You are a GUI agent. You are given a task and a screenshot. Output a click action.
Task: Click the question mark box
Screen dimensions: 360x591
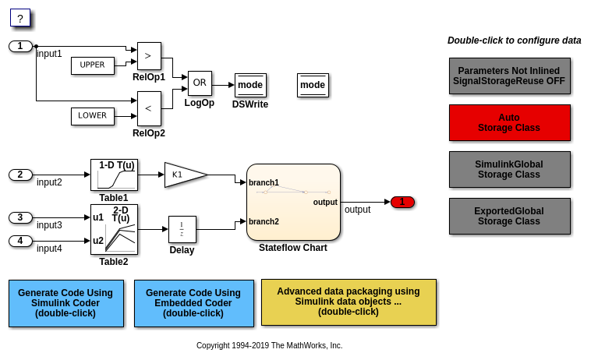point(20,18)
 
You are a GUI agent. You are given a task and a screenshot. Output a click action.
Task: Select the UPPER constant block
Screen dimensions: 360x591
point(92,65)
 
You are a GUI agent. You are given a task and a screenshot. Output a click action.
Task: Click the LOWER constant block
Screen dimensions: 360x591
point(92,116)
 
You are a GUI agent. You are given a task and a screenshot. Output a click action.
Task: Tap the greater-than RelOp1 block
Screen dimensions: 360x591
point(149,57)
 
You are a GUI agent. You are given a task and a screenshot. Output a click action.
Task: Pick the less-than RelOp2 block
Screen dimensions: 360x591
point(149,108)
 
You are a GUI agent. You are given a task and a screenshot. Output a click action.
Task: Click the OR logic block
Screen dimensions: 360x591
point(200,83)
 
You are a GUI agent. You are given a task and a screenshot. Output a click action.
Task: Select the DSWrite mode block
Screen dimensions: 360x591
point(250,85)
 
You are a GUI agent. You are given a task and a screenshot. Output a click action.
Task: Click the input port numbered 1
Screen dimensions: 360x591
point(20,46)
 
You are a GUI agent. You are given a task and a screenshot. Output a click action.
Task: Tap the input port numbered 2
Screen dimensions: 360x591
point(20,175)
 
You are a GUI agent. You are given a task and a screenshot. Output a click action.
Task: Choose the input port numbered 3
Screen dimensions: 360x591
point(20,217)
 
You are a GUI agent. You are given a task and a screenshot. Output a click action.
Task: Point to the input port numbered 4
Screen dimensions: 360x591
point(20,241)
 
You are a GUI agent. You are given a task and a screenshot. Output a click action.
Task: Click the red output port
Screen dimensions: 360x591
point(402,202)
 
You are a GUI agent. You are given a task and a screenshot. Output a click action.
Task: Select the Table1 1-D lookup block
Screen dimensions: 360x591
point(114,175)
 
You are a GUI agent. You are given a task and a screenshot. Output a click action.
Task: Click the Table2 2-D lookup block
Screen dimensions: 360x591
point(114,229)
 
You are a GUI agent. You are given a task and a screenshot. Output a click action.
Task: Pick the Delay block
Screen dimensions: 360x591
point(182,230)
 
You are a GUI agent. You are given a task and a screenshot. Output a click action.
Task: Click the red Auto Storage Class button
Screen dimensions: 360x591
point(509,122)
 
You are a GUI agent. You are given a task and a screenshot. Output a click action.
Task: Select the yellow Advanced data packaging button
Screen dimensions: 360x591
point(349,302)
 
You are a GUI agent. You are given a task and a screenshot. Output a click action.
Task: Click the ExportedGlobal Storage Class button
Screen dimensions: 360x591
point(509,216)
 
